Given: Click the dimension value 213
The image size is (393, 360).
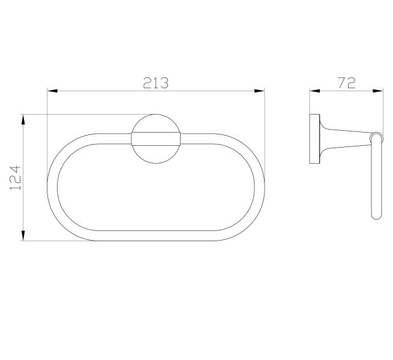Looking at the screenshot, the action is pos(155,83).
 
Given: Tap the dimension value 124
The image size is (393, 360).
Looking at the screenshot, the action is pos(15,178).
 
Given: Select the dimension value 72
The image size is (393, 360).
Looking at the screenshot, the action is pos(347,83).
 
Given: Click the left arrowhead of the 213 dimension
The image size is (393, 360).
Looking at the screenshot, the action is pos(52,91).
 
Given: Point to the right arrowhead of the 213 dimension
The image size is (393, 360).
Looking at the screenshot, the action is pos(259,91).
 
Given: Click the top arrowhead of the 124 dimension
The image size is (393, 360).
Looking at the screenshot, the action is pos(23,119).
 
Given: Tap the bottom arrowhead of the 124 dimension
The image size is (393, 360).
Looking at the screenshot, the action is pos(23,236).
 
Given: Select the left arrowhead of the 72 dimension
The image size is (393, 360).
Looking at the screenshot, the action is pos(315,91).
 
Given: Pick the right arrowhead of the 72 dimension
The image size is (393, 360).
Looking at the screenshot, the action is pos(378,91).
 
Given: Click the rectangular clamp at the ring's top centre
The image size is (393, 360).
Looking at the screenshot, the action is pos(155,139).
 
